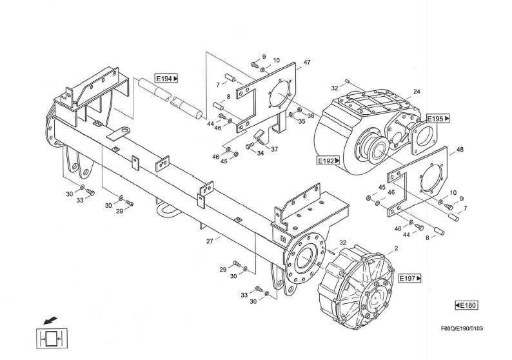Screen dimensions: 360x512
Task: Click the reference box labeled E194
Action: (x=166, y=79)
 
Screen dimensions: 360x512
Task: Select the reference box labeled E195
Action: (x=438, y=119)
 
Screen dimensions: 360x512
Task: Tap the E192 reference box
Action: (x=328, y=161)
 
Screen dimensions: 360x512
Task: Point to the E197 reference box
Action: (x=409, y=278)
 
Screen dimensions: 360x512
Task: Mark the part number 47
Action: (x=307, y=63)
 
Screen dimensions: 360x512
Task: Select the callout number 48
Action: (x=460, y=150)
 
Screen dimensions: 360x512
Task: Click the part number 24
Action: (x=417, y=92)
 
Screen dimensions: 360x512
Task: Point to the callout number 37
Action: (x=275, y=149)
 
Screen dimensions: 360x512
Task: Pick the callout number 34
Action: (x=261, y=154)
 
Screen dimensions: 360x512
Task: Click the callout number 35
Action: (x=302, y=121)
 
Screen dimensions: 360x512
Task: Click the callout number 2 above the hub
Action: (x=395, y=248)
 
